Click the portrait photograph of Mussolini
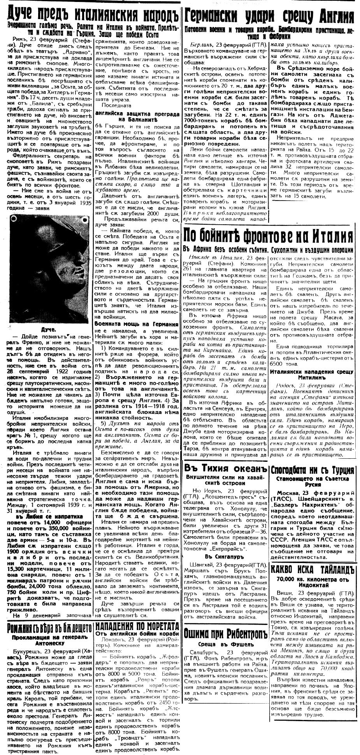click(48, 268)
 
